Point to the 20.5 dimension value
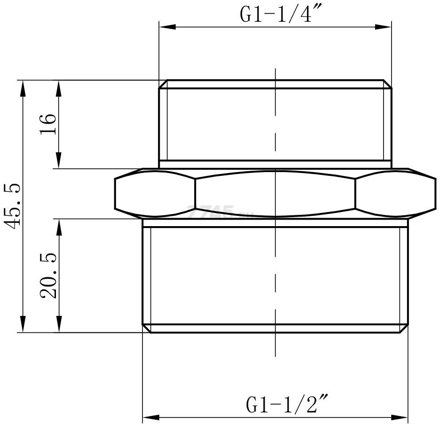[48, 275]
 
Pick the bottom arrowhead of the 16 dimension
[59, 161]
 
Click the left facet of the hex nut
[155, 193]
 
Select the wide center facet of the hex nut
[275, 193]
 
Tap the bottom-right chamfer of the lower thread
[404, 328]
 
